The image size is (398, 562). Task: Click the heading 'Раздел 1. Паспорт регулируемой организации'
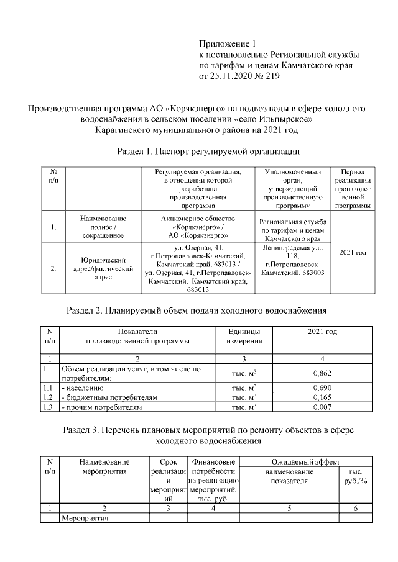(x=208, y=151)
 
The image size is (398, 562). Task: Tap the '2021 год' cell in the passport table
(x=351, y=253)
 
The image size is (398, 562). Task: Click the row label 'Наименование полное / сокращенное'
(x=103, y=227)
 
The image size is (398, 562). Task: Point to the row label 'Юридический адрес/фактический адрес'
(x=103, y=269)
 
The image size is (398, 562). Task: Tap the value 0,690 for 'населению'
(x=322, y=387)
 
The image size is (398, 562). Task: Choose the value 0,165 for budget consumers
(x=322, y=397)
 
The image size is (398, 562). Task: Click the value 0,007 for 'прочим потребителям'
(x=322, y=407)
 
